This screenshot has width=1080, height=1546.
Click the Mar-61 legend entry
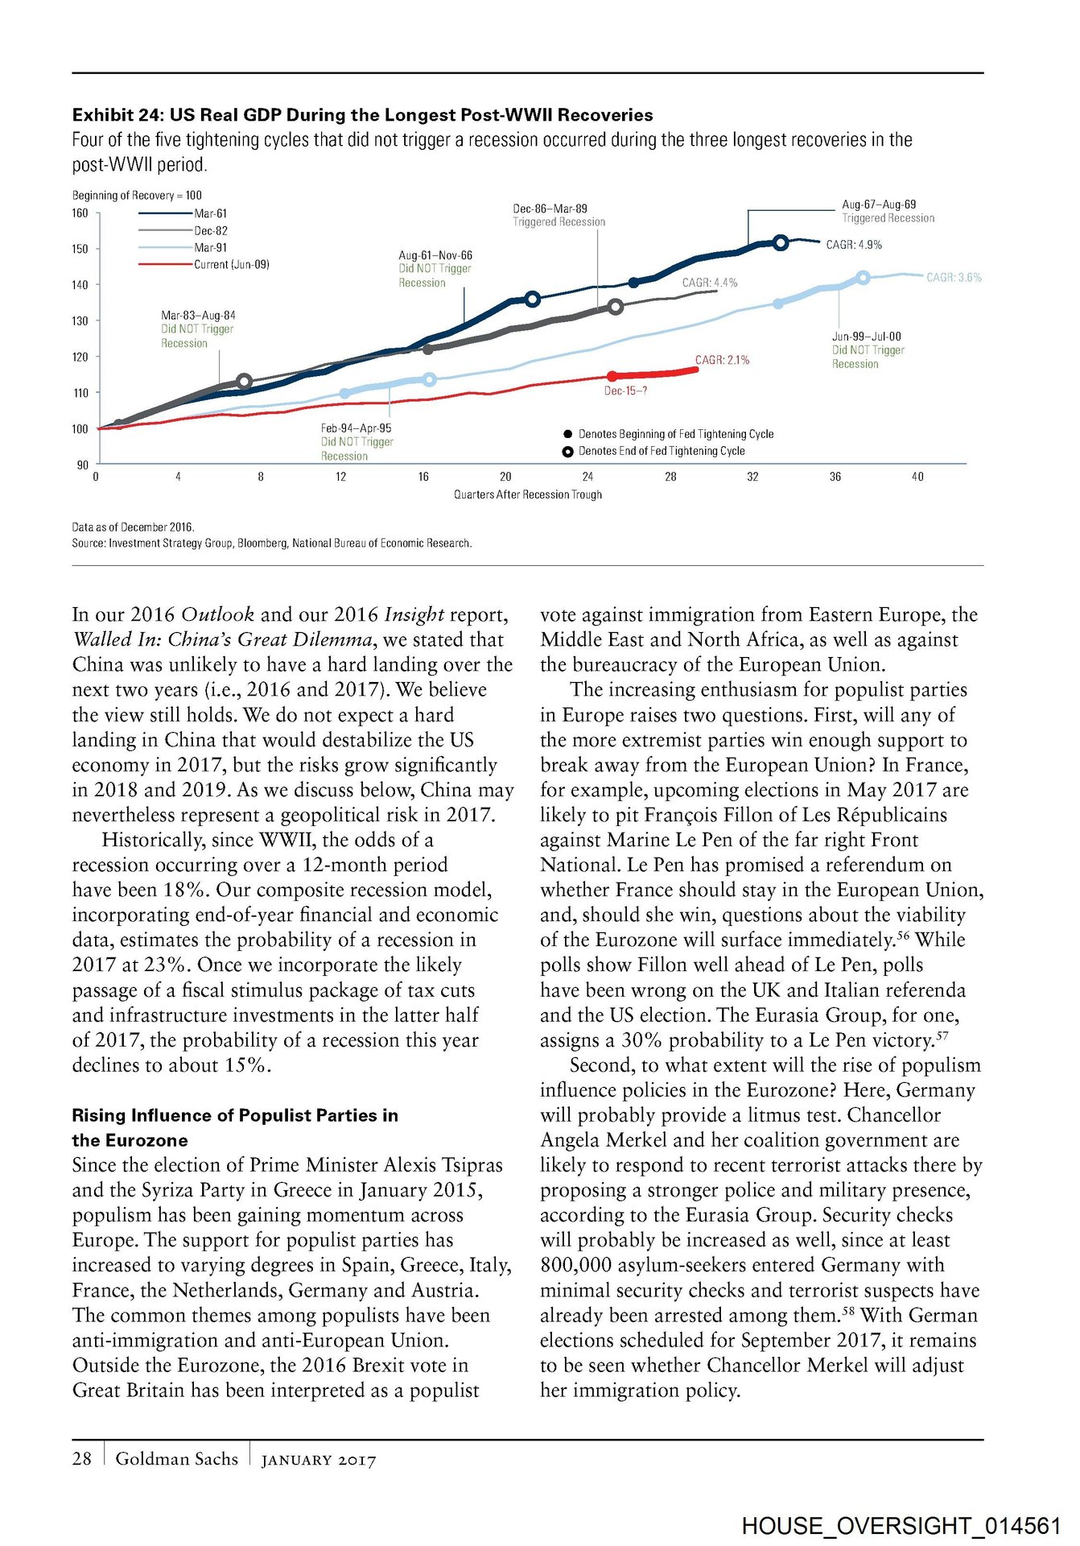210,213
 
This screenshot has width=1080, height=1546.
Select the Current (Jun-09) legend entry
231,264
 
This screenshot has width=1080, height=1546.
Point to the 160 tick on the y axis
80,213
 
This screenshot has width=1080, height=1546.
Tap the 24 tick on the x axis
588,477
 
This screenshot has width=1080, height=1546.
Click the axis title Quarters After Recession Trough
528,494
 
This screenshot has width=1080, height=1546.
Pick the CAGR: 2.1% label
722,360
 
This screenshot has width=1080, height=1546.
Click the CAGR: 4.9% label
854,245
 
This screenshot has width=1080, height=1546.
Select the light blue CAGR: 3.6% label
954,278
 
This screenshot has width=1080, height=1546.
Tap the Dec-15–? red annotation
625,391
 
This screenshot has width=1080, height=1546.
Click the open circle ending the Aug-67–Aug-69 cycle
781,242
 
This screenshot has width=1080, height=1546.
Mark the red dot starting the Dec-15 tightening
612,376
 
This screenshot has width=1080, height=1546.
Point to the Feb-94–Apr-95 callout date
356,428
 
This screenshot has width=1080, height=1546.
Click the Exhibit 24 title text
362,115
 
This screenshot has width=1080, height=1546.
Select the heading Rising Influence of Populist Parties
234,1115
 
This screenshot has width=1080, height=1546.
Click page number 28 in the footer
82,1458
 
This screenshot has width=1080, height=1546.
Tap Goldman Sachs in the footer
177,1458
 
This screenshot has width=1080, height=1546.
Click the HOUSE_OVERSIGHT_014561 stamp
901,1525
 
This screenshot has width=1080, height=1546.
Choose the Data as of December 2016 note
134,527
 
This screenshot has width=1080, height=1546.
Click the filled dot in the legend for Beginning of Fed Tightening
568,434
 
